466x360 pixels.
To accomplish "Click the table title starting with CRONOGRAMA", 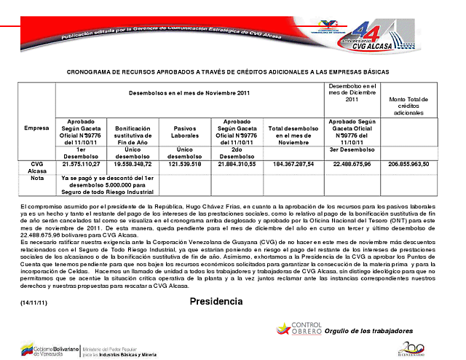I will pyautogui.click(x=228, y=72).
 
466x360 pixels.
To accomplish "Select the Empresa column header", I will pyautogui.click(x=36, y=128).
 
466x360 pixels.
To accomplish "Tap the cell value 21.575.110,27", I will pyautogui.click(x=82, y=165).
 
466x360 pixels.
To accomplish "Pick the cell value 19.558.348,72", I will pyautogui.click(x=138, y=165).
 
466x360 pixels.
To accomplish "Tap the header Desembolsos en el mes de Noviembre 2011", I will pyautogui.click(x=189, y=93).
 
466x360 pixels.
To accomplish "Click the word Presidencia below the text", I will pyautogui.click(x=216, y=301).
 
